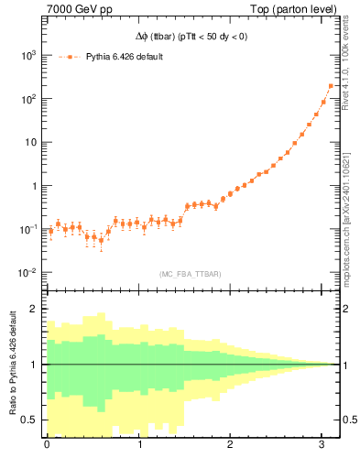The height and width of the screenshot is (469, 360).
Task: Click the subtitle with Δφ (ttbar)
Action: click(x=187, y=38)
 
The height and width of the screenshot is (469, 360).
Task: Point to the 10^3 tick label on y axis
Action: click(x=29, y=55)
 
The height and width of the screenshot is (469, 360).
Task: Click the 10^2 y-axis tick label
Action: click(x=29, y=99)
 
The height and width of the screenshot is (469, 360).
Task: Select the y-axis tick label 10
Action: click(x=31, y=142)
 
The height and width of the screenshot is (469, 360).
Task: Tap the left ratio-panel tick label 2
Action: click(x=35, y=310)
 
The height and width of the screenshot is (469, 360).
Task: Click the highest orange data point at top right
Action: click(x=330, y=86)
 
